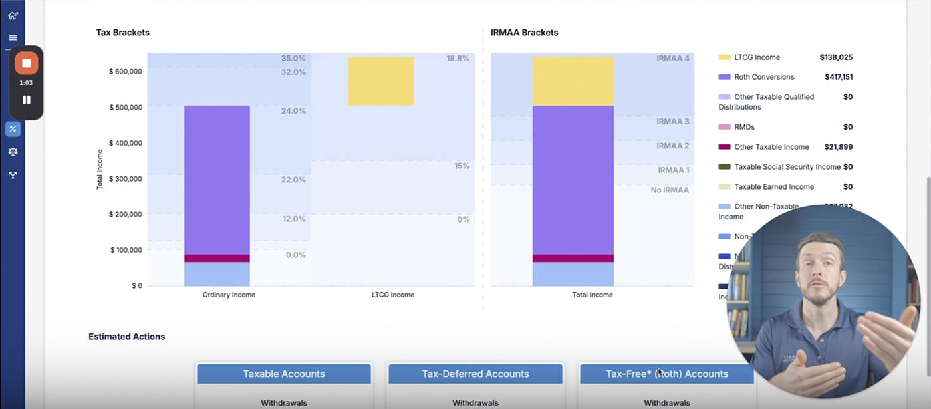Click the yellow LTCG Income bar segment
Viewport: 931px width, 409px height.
coord(380,80)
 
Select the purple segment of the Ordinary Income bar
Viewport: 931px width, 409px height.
coord(217,180)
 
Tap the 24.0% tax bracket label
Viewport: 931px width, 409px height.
coord(293,111)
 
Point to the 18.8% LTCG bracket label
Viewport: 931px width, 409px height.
coord(458,59)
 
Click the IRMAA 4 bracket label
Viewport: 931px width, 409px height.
coord(672,59)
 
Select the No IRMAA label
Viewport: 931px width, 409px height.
coord(669,190)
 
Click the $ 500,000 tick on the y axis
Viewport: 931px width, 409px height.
coord(125,107)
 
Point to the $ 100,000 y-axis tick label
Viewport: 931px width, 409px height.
coord(125,250)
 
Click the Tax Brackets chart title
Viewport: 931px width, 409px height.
coord(122,33)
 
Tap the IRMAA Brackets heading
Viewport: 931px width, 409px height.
coord(524,33)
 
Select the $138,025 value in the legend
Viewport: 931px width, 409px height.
coord(836,57)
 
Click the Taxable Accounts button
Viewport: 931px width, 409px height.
coord(284,374)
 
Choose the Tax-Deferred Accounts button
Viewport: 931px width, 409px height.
coord(475,374)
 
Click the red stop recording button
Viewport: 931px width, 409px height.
coord(27,63)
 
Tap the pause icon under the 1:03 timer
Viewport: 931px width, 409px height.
coord(27,100)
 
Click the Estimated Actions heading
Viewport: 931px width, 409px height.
coord(126,337)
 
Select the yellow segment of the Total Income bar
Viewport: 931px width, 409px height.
coord(573,80)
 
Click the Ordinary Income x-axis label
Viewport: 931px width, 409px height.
coord(229,295)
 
